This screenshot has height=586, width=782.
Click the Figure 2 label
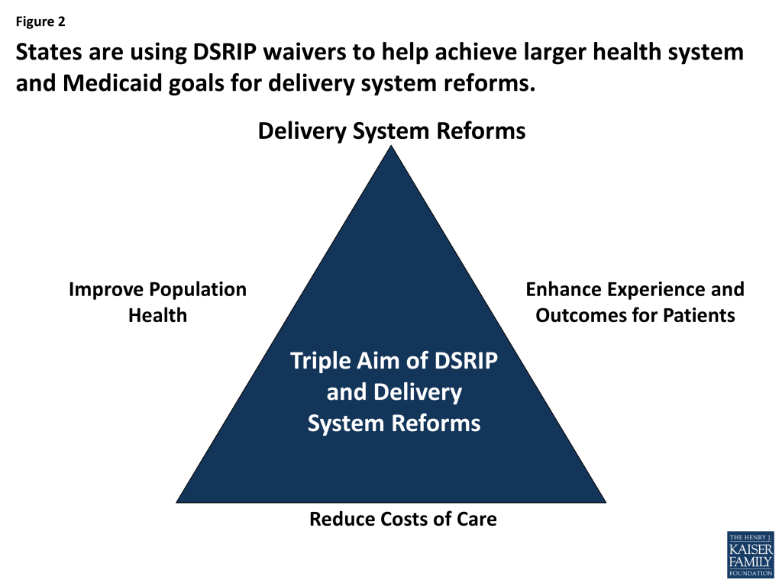click(40, 22)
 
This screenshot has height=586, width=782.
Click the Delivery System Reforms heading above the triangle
click(391, 130)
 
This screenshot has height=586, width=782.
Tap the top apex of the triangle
click(391, 148)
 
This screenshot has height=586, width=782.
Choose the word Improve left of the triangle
click(106, 290)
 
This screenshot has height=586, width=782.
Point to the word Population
click(198, 290)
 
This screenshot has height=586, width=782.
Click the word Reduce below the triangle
click(338, 520)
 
